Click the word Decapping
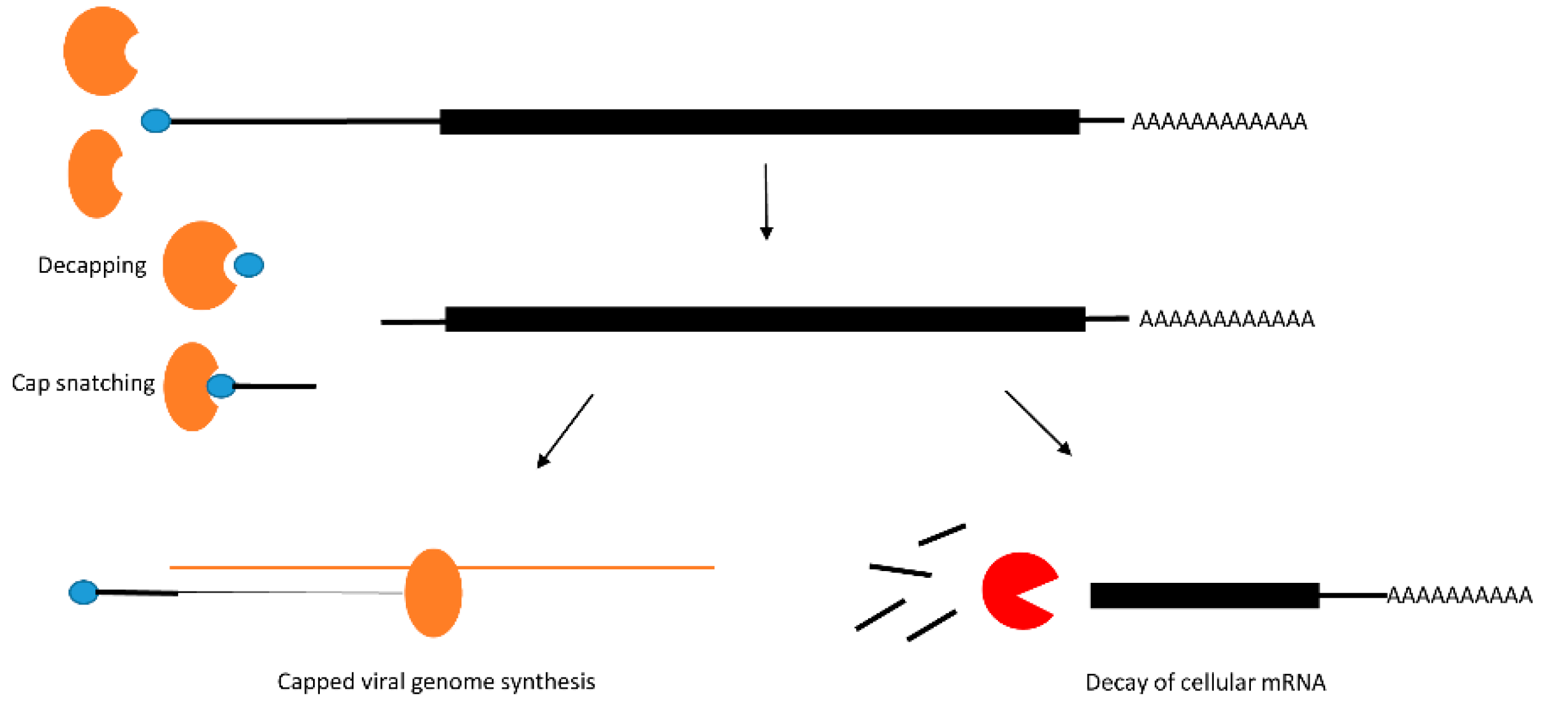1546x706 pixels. tap(92, 265)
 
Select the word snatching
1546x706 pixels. tap(105, 384)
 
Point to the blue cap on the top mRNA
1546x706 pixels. tap(156, 121)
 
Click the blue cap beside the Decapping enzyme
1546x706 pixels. tap(249, 265)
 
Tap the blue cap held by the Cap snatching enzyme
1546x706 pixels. tap(221, 386)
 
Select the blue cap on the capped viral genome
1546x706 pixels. tap(84, 592)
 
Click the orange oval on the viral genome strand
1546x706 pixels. tap(433, 592)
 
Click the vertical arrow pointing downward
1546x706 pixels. tap(766, 201)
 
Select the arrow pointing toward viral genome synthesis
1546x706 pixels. tap(565, 431)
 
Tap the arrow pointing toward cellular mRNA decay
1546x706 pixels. tap(1038, 423)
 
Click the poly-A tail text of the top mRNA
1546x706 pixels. tap(1219, 122)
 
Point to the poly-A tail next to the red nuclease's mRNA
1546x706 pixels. tap(1459, 595)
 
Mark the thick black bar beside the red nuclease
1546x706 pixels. tap(1204, 595)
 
